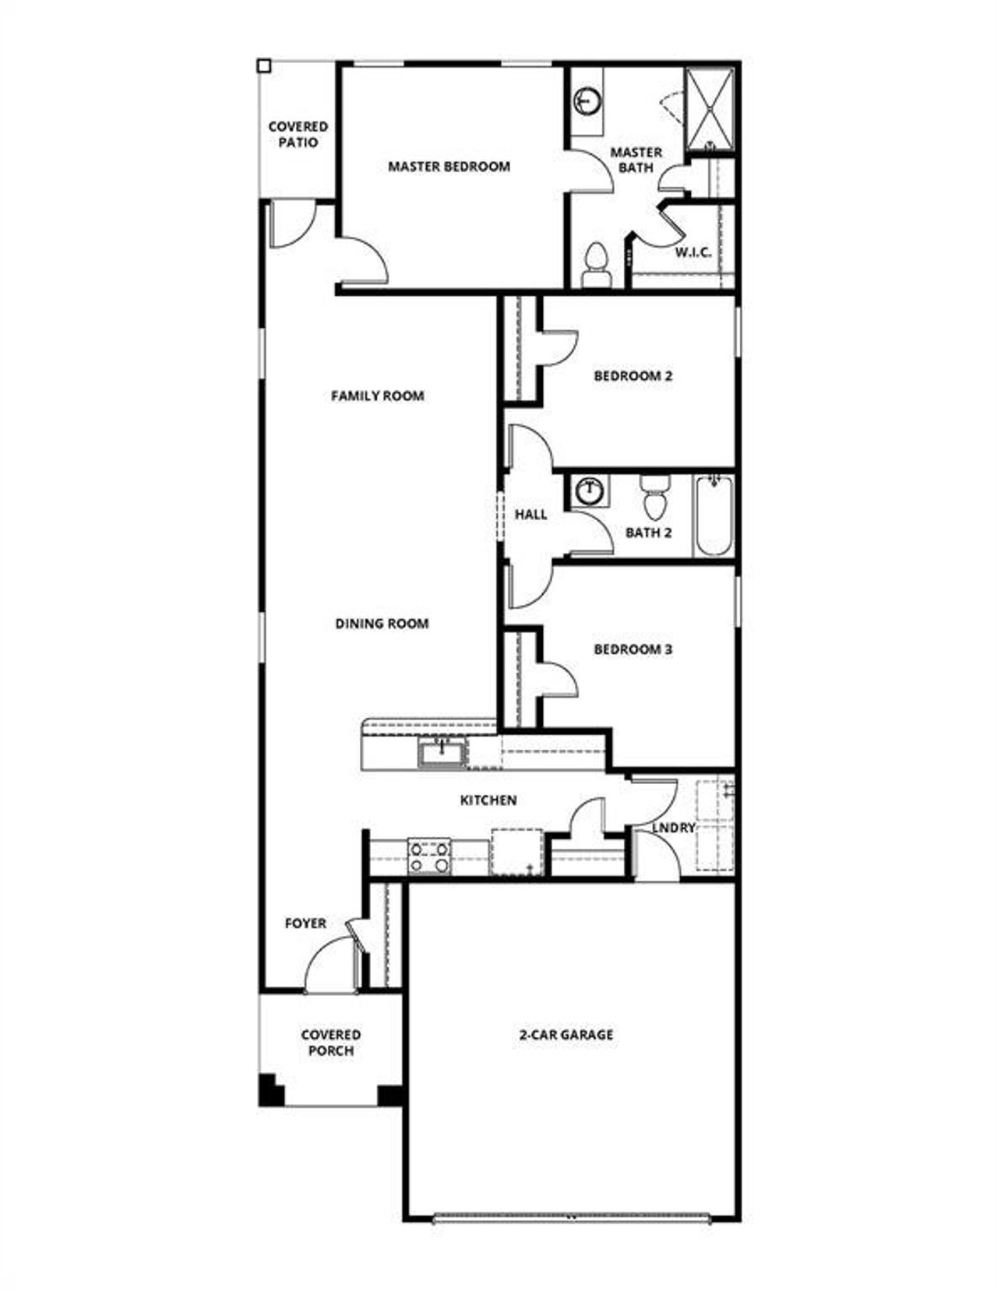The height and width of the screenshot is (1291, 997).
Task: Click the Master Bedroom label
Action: point(449,167)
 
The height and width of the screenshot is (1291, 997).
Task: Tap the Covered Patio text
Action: point(298,134)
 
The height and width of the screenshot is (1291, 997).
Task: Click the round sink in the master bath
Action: point(587,100)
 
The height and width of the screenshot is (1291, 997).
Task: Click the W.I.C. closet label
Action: point(692,252)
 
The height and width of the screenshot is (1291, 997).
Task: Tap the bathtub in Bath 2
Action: point(713,515)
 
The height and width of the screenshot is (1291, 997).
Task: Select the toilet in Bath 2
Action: point(654,497)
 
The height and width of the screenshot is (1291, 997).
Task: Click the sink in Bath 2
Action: point(590,491)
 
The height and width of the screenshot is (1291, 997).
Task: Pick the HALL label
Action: point(530,515)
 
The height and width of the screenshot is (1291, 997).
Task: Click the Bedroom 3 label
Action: point(632,649)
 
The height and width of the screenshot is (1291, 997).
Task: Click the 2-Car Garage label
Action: point(566,1035)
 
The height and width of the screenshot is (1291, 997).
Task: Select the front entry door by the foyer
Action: point(330,966)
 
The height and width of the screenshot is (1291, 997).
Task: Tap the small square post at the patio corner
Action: point(264,66)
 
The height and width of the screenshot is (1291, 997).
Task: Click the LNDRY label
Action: point(673,828)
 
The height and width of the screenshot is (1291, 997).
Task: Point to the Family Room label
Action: point(378,396)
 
